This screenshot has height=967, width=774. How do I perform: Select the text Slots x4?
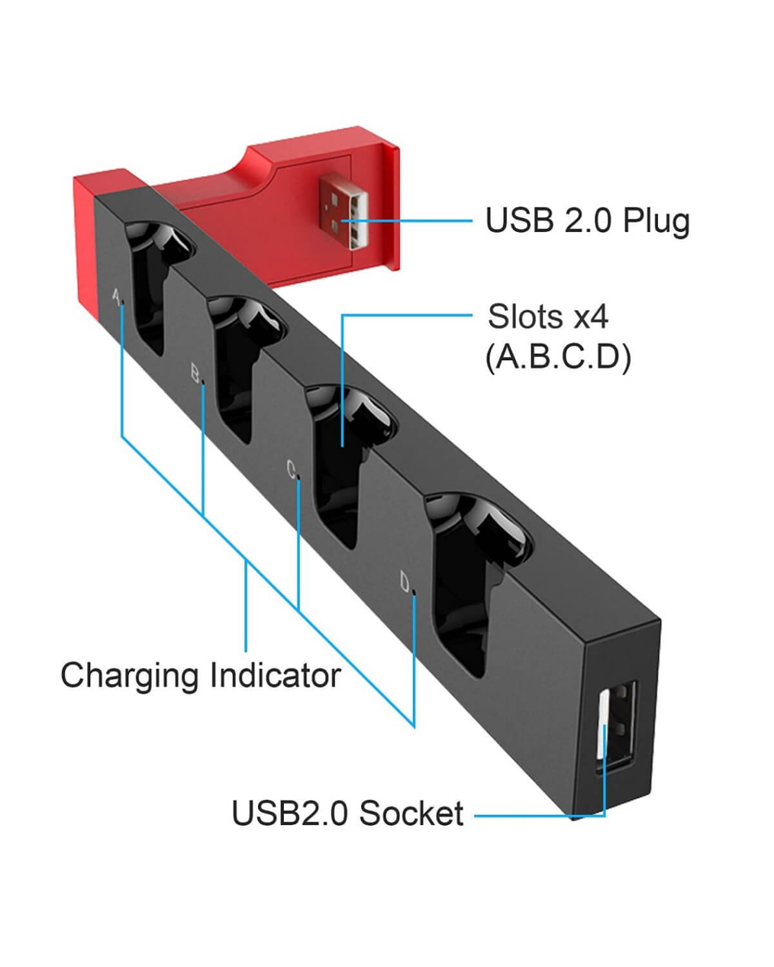click(548, 317)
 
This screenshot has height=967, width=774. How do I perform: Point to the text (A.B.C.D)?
click(558, 357)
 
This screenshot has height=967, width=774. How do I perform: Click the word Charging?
click(129, 676)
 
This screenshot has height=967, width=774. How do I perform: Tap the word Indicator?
click(275, 676)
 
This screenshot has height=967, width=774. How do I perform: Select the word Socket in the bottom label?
click(411, 813)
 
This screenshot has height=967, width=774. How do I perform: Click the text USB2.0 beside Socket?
click(292, 813)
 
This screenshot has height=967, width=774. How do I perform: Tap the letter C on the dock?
click(291, 468)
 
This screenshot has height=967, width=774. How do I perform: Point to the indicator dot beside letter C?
click(299, 478)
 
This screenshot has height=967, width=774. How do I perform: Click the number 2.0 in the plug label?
click(587, 221)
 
